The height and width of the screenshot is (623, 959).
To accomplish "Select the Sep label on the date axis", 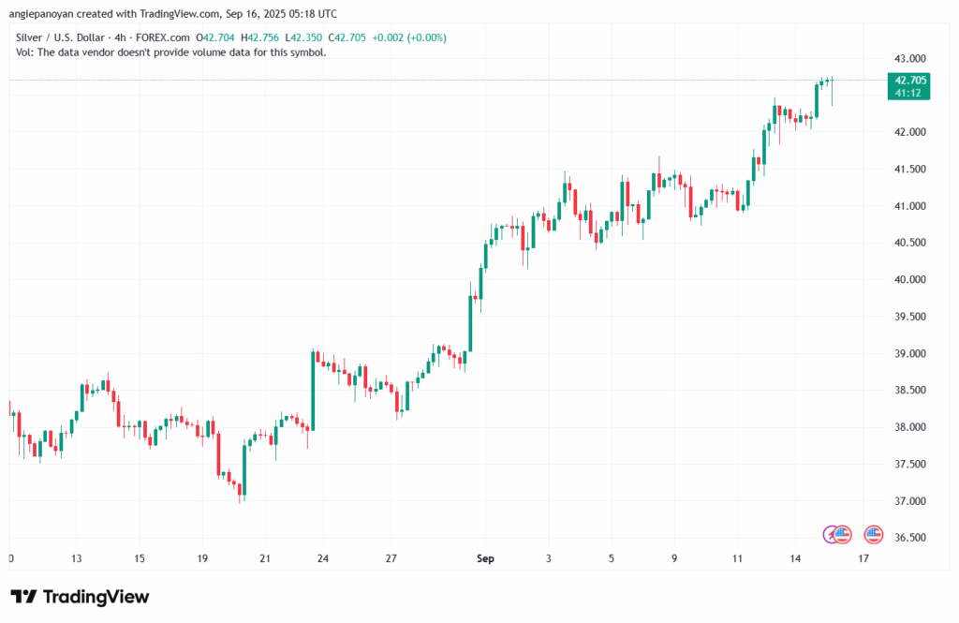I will tap(485, 559).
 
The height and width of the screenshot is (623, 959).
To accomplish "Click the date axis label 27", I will tap(392, 559).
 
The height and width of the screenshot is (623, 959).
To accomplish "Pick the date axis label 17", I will tap(863, 559).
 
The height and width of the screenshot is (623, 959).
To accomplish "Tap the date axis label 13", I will tap(77, 559).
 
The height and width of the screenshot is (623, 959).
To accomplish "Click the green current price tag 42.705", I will tap(906, 81).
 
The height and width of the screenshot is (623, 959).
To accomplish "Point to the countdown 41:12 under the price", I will tap(906, 93).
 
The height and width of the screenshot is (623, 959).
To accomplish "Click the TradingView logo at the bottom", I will tap(80, 597).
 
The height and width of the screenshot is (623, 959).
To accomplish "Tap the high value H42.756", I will tap(262, 37).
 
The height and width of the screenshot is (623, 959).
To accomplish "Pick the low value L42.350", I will tap(308, 37).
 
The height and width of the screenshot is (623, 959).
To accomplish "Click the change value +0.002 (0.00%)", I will tap(408, 37).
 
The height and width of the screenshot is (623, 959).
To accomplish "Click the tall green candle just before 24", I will tap(313, 390).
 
